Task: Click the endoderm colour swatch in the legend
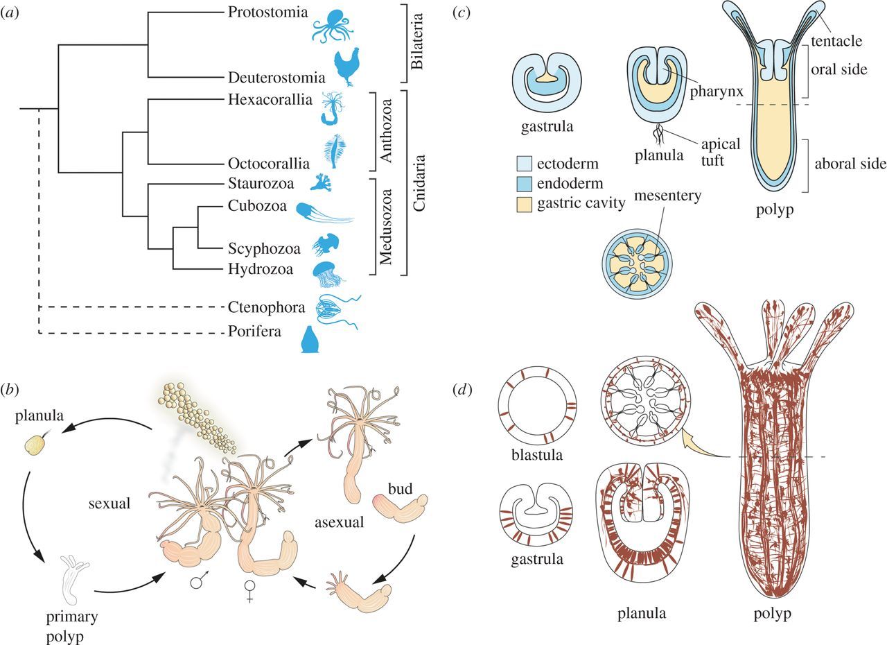525,182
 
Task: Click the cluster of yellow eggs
195,424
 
